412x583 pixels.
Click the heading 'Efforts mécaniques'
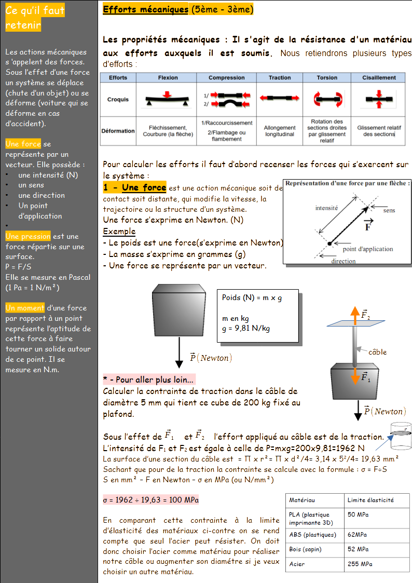click(x=145, y=10)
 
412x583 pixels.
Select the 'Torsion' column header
click(x=326, y=78)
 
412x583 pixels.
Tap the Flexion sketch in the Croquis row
click(x=167, y=99)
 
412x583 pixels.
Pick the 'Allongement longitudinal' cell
click(x=280, y=131)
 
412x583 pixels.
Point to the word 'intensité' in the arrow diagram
click(x=326, y=208)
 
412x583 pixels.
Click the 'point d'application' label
click(x=368, y=249)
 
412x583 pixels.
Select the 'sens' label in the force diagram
click(x=389, y=210)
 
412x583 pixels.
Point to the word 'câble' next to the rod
click(x=377, y=352)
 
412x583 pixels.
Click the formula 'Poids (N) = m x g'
click(x=252, y=297)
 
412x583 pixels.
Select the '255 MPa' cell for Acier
click(x=360, y=564)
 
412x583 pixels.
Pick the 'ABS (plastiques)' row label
click(x=312, y=534)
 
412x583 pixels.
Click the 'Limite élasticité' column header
click(x=370, y=500)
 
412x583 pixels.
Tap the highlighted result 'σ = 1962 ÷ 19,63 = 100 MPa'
click(x=151, y=500)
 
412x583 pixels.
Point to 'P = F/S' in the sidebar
click(x=18, y=267)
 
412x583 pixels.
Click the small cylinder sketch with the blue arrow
click(x=400, y=436)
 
